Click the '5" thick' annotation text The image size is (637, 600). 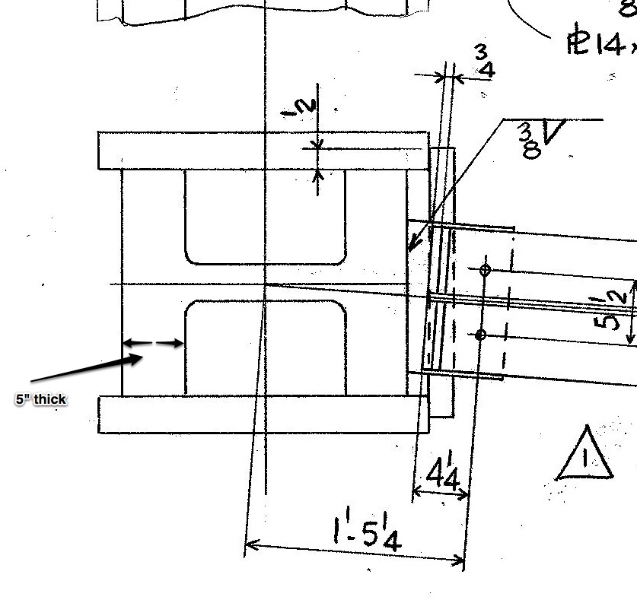(x=41, y=399)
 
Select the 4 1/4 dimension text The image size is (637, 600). (x=442, y=475)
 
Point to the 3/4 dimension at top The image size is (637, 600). (x=484, y=62)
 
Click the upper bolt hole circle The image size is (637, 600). (x=485, y=269)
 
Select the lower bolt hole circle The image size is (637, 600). (x=480, y=335)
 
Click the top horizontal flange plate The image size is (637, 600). (x=263, y=151)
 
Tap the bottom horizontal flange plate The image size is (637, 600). (x=263, y=414)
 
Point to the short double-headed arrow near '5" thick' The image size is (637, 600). (x=153, y=344)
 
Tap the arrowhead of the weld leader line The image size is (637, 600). (x=412, y=246)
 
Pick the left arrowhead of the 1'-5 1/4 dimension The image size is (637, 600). (x=249, y=544)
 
